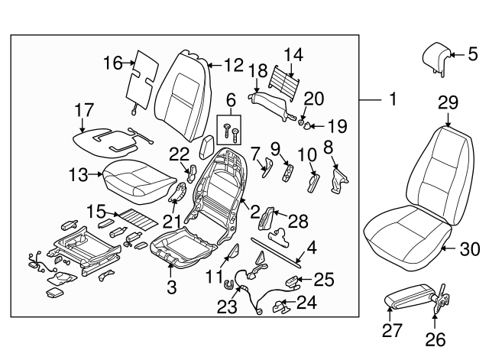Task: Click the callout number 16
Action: click(113, 63)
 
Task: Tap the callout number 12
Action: click(233, 65)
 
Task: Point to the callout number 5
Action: click(472, 54)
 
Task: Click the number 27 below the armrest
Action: click(392, 331)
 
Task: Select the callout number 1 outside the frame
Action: click(393, 99)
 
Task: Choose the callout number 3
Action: click(171, 287)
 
